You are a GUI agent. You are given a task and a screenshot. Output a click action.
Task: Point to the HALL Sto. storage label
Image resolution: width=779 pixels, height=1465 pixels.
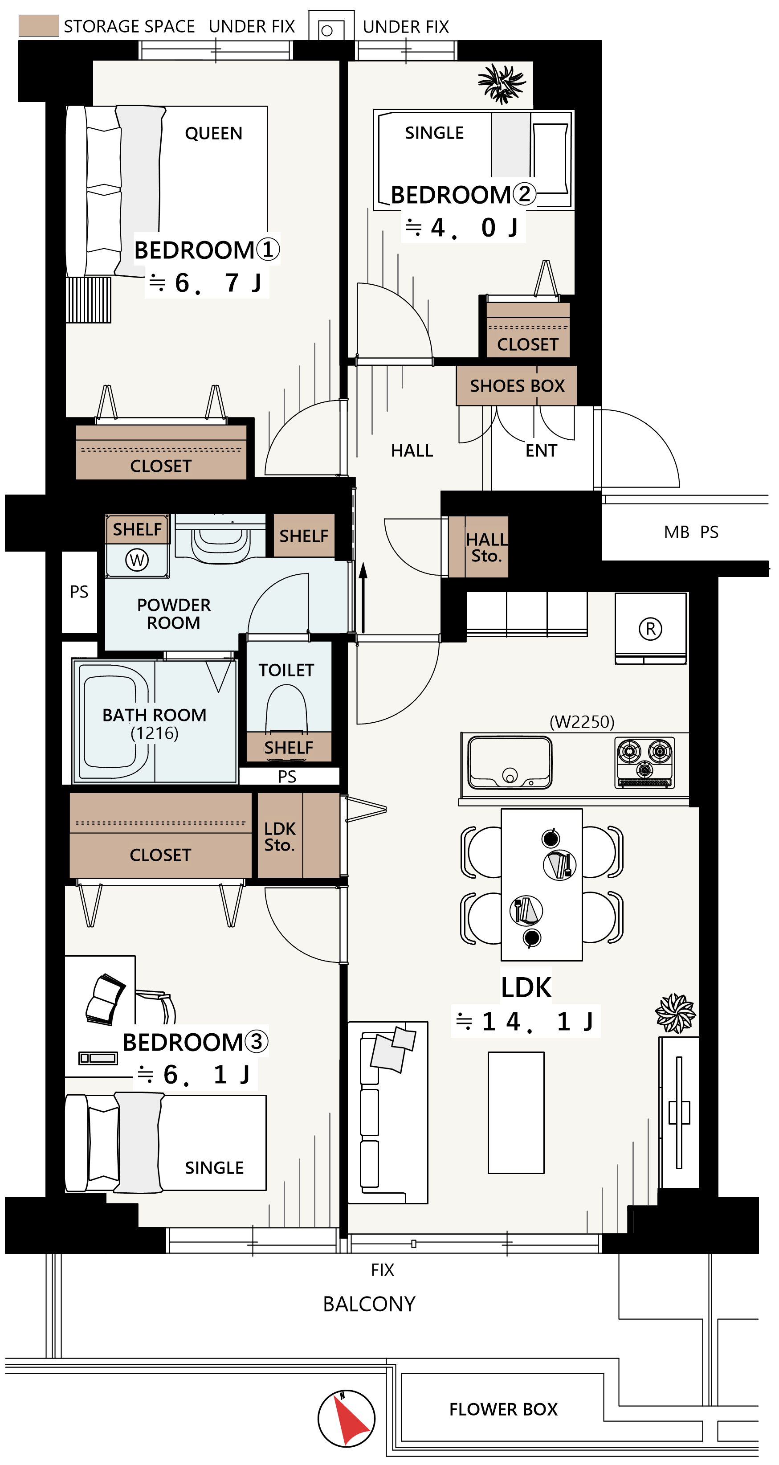(x=486, y=548)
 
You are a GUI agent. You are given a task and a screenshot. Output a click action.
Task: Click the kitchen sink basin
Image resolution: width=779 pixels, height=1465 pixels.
(x=510, y=762)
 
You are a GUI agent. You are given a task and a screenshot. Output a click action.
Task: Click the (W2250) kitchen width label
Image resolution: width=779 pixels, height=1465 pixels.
(x=582, y=722)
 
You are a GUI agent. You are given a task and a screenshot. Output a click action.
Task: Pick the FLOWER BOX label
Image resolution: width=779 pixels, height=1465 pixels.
(x=503, y=1409)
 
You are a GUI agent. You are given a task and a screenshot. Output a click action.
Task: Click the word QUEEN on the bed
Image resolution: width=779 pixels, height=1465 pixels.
(x=214, y=133)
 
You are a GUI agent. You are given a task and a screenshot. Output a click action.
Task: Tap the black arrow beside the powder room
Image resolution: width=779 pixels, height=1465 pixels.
(x=363, y=597)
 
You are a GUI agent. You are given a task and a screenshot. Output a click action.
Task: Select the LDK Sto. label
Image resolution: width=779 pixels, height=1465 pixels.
(x=280, y=837)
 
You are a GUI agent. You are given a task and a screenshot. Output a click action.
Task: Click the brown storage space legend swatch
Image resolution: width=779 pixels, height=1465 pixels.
(x=39, y=25)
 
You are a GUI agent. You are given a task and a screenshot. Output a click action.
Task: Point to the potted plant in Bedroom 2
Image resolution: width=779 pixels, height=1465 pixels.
(x=502, y=84)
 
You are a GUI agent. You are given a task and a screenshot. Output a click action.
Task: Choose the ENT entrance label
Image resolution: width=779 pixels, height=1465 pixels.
(x=541, y=450)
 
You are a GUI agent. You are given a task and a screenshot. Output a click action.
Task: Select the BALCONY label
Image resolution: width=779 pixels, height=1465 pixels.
(x=369, y=1304)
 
